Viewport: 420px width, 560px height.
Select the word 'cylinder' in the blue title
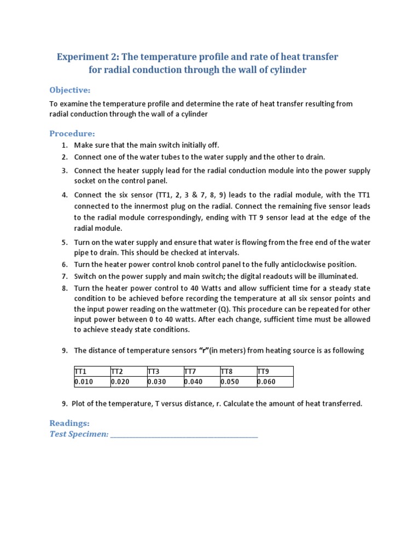tap(285, 70)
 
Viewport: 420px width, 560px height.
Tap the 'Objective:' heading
tap(70, 90)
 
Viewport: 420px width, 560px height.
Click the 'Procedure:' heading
tap(72, 133)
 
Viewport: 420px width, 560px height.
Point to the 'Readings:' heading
tap(69, 423)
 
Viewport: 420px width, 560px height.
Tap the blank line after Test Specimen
tap(184, 435)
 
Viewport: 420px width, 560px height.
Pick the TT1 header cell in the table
tap(92, 371)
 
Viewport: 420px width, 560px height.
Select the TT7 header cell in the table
tap(201, 371)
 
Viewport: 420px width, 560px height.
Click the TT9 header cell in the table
tap(275, 371)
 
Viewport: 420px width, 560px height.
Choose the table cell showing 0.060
tap(275, 382)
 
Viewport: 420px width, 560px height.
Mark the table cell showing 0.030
tap(165, 382)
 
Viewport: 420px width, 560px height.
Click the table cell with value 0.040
tap(201, 382)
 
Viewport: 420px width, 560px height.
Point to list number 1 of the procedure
tap(65, 145)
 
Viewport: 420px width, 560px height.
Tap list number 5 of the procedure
tap(65, 242)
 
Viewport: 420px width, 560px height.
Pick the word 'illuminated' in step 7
tap(337, 276)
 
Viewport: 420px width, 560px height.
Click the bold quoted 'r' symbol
tap(205, 351)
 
